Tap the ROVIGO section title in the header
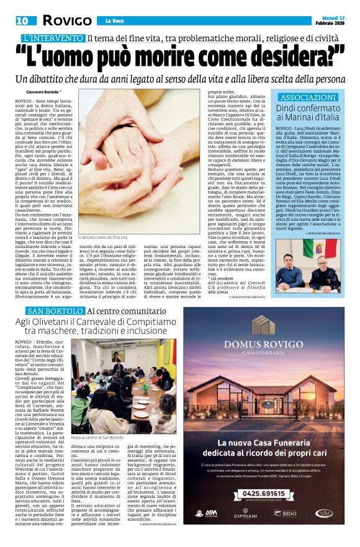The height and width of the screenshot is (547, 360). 66,20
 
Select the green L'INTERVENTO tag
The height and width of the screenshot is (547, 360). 51,38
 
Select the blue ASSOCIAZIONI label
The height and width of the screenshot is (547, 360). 308,97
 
